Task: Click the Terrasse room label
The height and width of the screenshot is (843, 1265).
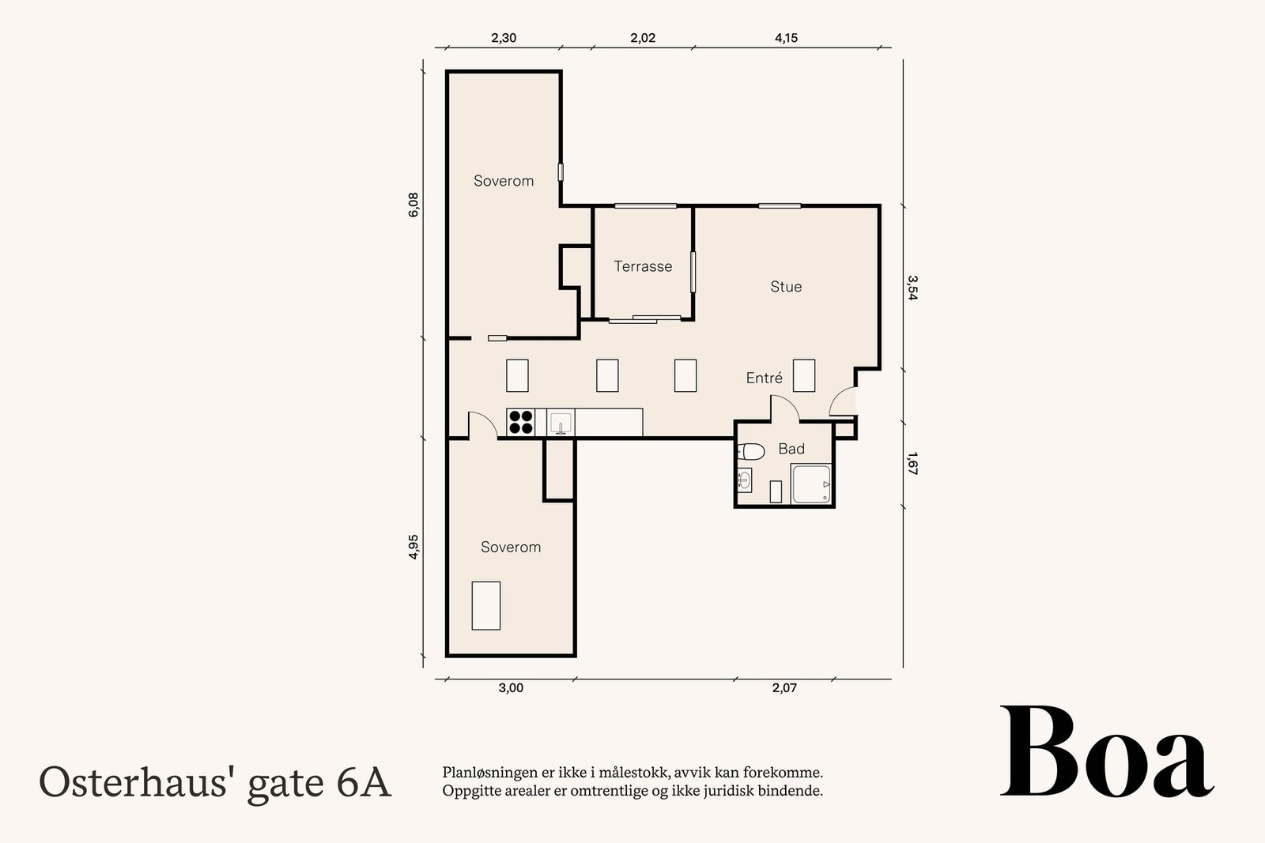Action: [643, 267]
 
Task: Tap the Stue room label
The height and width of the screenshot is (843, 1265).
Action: [786, 287]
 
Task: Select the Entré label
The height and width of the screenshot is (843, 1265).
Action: [764, 378]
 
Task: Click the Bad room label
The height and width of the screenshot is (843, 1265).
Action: [791, 449]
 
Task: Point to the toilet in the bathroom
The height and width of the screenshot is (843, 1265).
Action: [751, 452]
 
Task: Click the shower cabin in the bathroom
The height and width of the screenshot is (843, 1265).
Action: [811, 484]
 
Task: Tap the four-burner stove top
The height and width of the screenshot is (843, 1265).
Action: [520, 422]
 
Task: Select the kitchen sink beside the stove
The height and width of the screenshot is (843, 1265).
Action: [561, 423]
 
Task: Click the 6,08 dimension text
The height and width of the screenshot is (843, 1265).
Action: [413, 205]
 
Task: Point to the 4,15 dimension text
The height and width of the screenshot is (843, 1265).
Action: [786, 38]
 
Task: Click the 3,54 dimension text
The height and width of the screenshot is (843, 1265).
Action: [912, 288]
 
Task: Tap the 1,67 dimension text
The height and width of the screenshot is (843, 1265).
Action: [912, 464]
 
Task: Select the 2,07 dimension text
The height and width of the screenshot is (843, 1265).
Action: [784, 688]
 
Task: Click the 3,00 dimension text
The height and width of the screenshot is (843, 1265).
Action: [511, 688]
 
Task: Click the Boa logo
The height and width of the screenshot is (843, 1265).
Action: [1106, 753]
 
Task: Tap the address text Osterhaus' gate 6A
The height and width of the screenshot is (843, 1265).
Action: [215, 782]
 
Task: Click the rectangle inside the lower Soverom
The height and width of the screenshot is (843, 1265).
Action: [485, 605]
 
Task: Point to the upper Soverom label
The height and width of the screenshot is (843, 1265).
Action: [504, 181]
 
